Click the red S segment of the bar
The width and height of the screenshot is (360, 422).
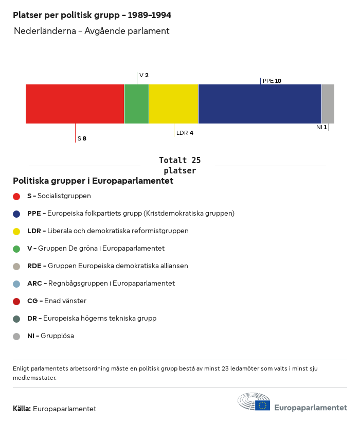(75, 104)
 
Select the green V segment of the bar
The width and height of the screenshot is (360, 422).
(136, 104)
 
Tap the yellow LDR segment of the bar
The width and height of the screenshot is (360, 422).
(173, 104)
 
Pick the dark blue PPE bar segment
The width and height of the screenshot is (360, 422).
(260, 104)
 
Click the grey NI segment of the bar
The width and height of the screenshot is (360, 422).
(328, 104)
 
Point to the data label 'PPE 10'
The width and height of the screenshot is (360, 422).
(272, 81)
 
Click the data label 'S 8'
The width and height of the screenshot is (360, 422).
(82, 138)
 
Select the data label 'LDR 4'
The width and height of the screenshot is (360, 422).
(185, 133)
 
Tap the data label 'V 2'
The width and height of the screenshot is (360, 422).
(144, 75)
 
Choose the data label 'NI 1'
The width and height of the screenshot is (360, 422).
(321, 127)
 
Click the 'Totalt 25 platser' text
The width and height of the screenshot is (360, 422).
(179, 165)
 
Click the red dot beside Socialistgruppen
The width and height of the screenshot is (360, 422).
(16, 196)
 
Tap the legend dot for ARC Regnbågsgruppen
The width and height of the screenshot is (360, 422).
(16, 284)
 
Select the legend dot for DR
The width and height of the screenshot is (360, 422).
(16, 319)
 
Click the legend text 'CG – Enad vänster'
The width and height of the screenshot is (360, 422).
(57, 301)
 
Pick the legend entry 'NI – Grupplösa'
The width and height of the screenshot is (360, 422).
(50, 336)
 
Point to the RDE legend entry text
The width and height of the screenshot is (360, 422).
(107, 266)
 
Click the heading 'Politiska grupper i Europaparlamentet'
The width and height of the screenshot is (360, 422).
(93, 181)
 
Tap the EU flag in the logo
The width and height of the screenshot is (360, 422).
(262, 406)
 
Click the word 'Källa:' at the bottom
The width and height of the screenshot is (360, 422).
(22, 409)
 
